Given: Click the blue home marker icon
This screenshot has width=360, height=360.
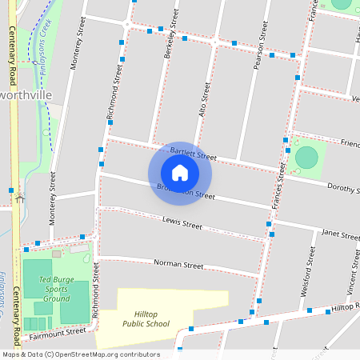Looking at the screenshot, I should point(180,173).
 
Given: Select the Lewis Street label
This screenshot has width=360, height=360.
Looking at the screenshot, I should point(182,222).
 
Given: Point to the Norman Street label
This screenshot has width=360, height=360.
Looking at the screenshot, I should point(178,264).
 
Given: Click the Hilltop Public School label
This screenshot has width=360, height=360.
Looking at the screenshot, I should point(146,319).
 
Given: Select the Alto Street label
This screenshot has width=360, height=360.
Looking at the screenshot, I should point(206,99).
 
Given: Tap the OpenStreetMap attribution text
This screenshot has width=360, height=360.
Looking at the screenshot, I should point(81,354).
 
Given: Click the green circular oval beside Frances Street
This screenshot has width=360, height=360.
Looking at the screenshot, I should point(306,157).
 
